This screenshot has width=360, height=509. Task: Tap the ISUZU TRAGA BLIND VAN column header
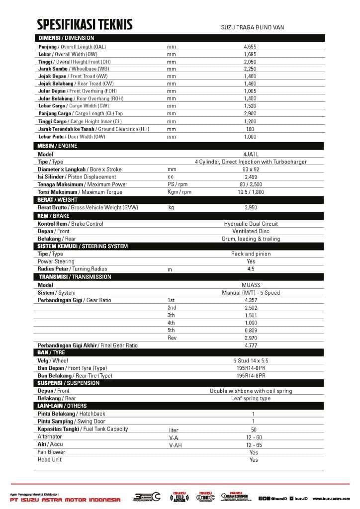(252, 27)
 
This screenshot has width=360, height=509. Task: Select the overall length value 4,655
(250, 46)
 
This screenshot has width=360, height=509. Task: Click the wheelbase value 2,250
(250, 69)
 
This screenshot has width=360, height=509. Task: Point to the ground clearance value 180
(250, 129)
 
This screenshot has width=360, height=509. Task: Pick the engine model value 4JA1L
(251, 154)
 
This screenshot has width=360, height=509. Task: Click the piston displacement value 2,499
(251, 176)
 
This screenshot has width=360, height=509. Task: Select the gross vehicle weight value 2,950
(251, 207)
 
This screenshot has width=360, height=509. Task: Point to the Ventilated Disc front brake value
(251, 231)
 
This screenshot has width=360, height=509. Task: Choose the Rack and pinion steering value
(251, 254)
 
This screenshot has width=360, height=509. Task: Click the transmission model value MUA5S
(251, 285)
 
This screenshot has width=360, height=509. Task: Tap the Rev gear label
(172, 338)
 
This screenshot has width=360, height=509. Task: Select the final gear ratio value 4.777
(251, 345)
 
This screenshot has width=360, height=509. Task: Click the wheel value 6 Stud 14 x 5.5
(251, 360)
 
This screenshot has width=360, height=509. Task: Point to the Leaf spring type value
(251, 398)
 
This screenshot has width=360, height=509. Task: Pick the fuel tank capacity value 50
(254, 429)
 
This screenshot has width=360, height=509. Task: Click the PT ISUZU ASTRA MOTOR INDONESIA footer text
(65, 500)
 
